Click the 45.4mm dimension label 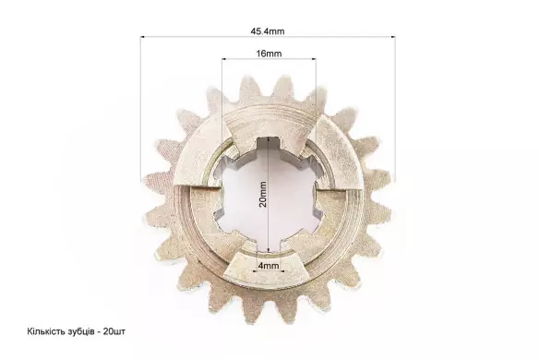[268, 31]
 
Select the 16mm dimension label [269, 54]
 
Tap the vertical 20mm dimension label [263, 194]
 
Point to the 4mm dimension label [269, 266]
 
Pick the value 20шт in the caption [114, 331]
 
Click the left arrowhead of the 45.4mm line [143, 36]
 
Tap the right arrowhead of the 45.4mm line [392, 36]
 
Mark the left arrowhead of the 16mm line [224, 59]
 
